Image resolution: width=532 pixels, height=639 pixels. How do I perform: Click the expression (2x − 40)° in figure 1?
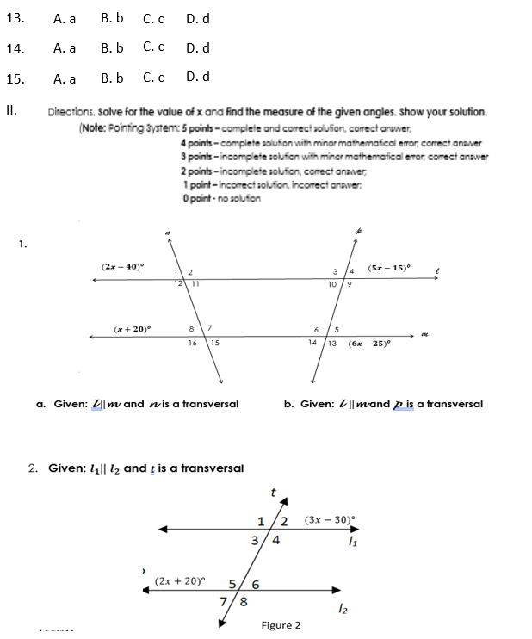pos(123,268)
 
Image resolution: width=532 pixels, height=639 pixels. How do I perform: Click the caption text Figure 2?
pos(281,624)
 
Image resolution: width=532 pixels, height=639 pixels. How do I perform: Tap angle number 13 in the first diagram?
pos(331,343)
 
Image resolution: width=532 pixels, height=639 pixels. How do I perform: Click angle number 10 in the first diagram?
pos(331,283)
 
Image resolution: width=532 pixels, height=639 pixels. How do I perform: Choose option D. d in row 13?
pos(197,18)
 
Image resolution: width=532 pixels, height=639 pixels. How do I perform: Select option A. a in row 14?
pos(65,48)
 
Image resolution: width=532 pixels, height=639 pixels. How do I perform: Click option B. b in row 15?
pos(112,78)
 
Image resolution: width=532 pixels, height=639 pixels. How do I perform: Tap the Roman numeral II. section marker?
pos(11,110)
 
